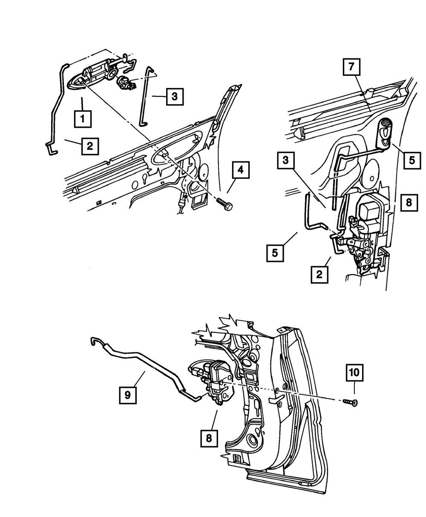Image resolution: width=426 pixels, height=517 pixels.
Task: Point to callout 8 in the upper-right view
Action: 409,203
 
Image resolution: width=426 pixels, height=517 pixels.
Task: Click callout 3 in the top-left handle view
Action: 175,97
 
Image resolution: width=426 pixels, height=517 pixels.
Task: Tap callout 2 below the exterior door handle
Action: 89,146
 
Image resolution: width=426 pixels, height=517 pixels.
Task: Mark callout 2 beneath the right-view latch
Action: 319,274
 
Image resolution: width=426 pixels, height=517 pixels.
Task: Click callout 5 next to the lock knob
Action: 412,160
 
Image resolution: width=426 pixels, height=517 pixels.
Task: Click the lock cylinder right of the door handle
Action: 124,80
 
